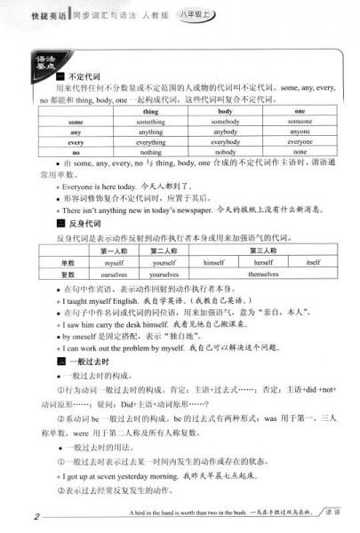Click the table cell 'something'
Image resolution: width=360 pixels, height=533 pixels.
pos(150,122)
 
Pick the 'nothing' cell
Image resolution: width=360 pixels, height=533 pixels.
pos(150,151)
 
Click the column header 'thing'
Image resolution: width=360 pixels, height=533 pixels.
pos(150,112)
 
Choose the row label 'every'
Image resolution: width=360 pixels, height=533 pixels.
pos(76,141)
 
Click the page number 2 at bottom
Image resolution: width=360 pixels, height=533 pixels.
pos(36,516)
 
